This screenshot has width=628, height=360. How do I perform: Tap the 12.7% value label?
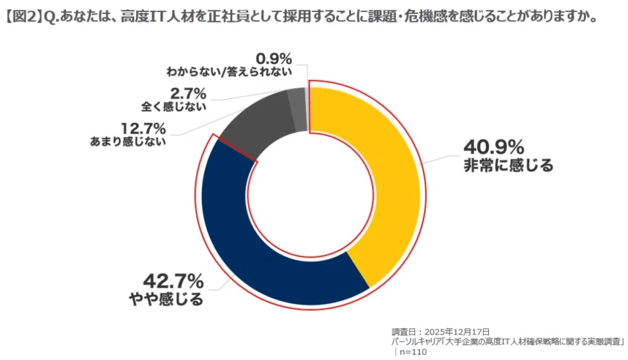point(142,128)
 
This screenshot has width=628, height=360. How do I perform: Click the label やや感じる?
point(166,300)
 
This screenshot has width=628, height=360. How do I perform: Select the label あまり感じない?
point(128,141)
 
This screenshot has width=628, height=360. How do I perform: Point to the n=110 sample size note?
point(413,352)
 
